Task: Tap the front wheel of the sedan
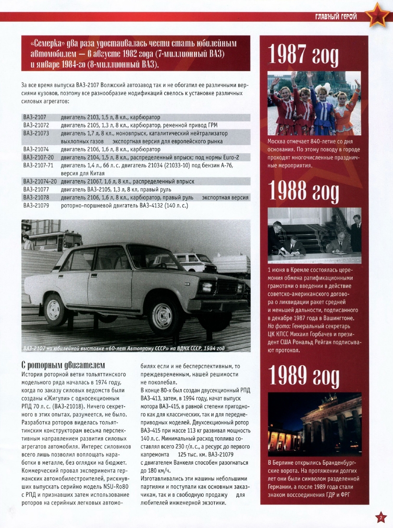162,315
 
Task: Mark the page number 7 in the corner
380,517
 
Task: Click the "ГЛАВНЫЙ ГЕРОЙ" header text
336,17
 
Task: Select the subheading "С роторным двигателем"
63,365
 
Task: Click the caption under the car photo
123,348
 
